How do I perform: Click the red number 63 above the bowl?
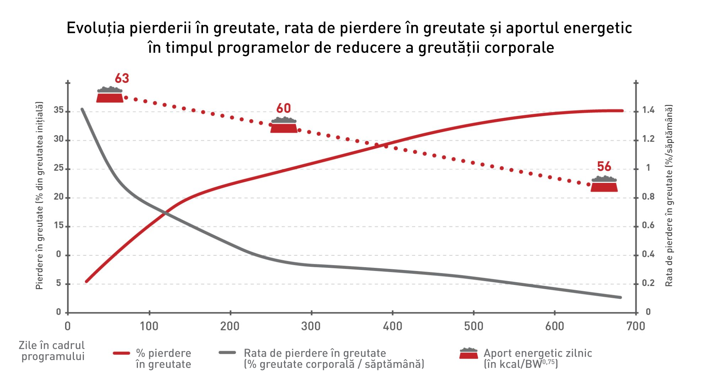click(x=122, y=78)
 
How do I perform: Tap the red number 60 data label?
click(x=284, y=108)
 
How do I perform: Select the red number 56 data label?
click(x=604, y=166)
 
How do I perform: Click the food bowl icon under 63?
click(x=110, y=95)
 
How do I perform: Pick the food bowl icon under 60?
click(x=284, y=125)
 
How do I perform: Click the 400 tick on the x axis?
click(x=392, y=326)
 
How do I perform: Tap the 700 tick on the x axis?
click(x=636, y=326)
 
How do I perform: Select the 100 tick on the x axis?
click(x=149, y=326)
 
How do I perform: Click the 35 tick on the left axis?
click(x=59, y=110)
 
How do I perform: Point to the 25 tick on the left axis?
click(x=59, y=168)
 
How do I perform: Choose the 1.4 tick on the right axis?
click(x=648, y=110)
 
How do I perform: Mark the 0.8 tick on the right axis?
click(x=648, y=197)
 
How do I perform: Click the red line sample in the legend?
click(x=122, y=353)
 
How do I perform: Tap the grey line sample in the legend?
click(x=228, y=352)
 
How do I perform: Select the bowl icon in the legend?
click(x=469, y=354)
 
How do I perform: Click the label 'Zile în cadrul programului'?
click(x=52, y=351)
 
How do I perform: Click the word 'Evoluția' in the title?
click(x=96, y=28)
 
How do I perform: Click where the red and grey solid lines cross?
click(x=166, y=213)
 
